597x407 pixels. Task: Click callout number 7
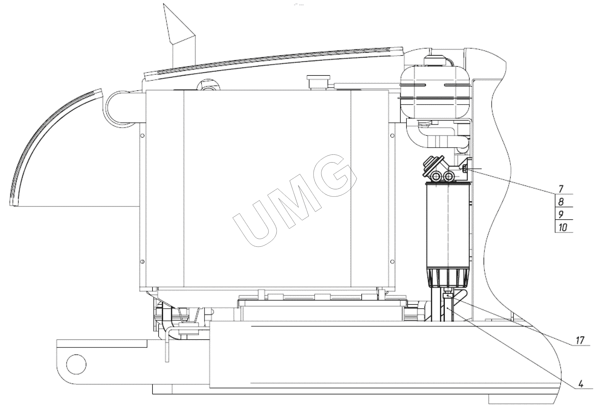point(561,188)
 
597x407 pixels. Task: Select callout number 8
point(561,202)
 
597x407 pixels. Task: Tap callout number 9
point(561,214)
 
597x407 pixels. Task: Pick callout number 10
point(563,227)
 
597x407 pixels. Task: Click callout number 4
point(581,384)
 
